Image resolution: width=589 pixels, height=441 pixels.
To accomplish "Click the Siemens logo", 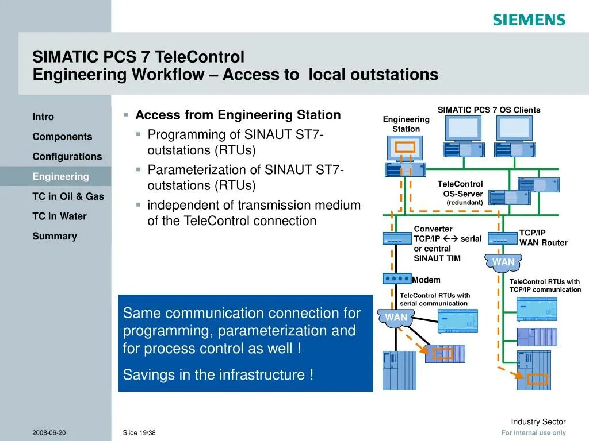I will [529, 20].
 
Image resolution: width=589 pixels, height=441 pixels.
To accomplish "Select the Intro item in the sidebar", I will [43, 117].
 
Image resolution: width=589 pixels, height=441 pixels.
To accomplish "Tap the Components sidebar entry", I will [62, 137].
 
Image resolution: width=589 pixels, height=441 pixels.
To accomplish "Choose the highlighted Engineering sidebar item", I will [60, 176].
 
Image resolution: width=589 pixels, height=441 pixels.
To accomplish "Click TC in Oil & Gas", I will [68, 196].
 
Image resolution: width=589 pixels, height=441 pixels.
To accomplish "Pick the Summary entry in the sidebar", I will [55, 236].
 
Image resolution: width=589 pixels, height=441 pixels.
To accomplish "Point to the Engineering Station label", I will [406, 124].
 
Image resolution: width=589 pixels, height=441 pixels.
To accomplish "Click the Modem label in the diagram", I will [426, 280].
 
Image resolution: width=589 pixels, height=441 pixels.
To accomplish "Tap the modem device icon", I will [397, 278].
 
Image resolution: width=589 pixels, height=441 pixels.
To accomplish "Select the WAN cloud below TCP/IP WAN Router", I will [503, 262].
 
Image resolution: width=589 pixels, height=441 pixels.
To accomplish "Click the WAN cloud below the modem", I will [396, 318].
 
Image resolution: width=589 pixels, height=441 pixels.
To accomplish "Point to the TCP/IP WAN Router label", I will [543, 238].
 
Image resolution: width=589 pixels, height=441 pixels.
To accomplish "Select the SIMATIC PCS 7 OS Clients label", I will [489, 110].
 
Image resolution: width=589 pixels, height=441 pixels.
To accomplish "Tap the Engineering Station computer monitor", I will [405, 147].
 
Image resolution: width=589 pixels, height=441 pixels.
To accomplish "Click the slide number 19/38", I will [140, 432].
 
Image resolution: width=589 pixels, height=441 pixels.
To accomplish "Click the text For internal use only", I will [533, 433].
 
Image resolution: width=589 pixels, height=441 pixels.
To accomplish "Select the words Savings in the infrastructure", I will [218, 375].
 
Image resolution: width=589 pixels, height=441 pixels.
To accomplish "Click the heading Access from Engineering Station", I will [238, 115].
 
